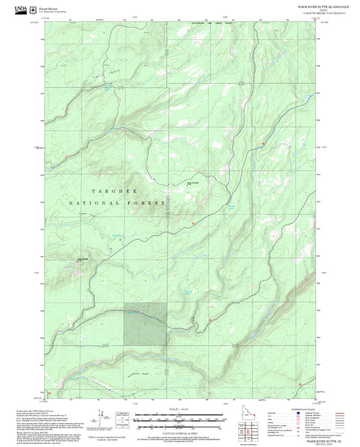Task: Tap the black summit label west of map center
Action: (x=84, y=257)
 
